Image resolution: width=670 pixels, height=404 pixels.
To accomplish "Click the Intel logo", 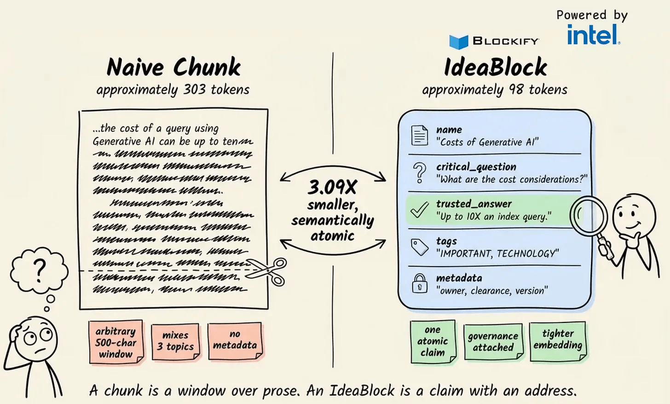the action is click(593, 35).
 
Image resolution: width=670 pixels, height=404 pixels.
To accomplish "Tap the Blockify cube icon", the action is click(458, 42).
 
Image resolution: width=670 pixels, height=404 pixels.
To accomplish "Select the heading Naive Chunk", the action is click(173, 67).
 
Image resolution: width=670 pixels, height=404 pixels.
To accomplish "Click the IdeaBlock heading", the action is click(495, 67).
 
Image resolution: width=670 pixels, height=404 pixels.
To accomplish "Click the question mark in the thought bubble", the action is click(40, 270).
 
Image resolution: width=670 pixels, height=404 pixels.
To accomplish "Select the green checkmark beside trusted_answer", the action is click(419, 210).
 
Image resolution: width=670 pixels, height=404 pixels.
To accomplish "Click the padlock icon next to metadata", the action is click(419, 283).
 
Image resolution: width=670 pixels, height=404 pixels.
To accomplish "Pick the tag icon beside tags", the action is click(419, 247).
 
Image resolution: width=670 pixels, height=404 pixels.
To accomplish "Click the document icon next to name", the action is click(419, 135).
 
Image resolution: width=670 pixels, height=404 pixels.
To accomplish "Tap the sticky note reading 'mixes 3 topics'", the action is click(176, 341).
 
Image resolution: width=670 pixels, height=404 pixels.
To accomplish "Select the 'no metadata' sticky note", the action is click(235, 340).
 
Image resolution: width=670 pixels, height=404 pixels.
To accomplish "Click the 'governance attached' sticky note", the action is click(493, 342).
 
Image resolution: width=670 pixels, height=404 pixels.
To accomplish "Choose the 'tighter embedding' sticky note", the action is click(558, 340).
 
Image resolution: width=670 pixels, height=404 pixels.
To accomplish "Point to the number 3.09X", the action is click(332, 187).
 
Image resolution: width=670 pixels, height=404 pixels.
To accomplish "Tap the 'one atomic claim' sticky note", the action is click(433, 341).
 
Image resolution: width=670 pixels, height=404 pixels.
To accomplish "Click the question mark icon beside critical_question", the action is click(419, 172).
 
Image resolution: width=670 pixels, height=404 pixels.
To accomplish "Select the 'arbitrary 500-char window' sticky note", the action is click(116, 342).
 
